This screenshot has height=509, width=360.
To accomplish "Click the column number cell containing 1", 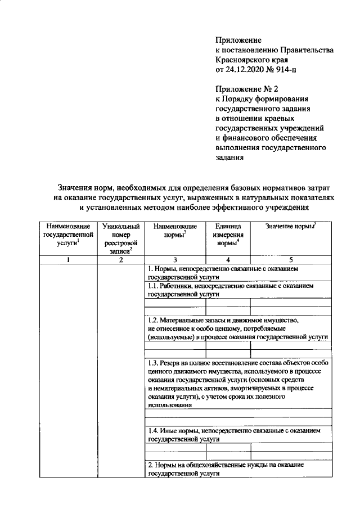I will [67, 260].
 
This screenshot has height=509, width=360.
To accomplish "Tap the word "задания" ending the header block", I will [230, 158].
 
